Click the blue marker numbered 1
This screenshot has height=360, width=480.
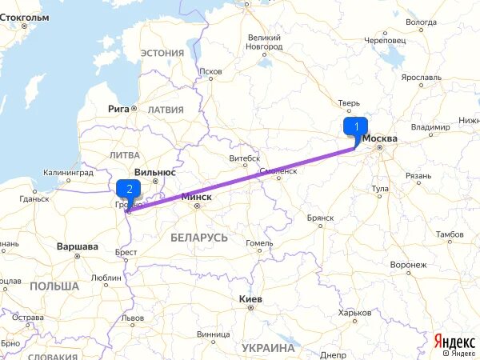click(x=355, y=127)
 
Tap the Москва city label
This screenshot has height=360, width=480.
click(x=381, y=138)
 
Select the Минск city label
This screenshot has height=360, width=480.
click(x=197, y=196)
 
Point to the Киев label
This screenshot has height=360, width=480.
click(x=251, y=298)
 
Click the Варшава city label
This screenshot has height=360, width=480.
click(x=78, y=246)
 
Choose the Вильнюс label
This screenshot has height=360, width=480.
click(x=155, y=171)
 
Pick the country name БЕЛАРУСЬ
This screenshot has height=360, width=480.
click(x=199, y=238)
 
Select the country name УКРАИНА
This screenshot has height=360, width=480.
click(x=268, y=348)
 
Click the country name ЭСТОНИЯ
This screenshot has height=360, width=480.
click(x=162, y=53)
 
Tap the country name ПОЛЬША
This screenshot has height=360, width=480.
click(x=54, y=286)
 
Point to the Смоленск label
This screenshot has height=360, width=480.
click(x=278, y=171)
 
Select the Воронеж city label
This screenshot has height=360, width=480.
click(x=408, y=265)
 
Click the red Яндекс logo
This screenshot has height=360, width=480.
click(x=453, y=340)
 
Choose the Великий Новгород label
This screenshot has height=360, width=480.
click(x=264, y=42)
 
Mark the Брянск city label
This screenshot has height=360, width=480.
click(x=320, y=218)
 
